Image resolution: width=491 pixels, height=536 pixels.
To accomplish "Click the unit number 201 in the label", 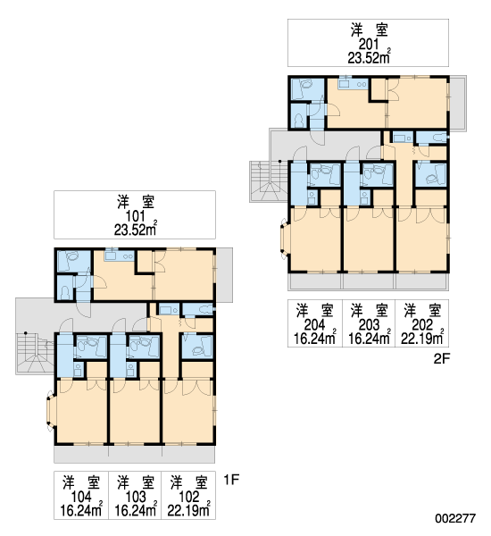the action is (x=369, y=45).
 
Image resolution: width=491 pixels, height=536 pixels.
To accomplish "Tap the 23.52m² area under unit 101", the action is (x=136, y=230).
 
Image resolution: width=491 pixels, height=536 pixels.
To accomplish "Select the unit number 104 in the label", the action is (x=81, y=497).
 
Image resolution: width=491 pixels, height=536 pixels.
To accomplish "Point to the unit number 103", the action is (x=136, y=497).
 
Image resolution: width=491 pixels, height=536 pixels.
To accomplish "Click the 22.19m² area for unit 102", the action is (x=188, y=510).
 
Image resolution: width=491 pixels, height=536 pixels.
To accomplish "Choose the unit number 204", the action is (x=315, y=325).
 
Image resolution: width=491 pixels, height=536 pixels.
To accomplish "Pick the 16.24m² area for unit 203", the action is (x=370, y=338).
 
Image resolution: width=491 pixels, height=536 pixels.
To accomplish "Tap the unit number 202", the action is (x=422, y=325).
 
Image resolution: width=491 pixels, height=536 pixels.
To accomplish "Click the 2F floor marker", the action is (x=442, y=358).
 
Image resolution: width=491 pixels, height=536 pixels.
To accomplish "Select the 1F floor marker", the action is (x=231, y=480).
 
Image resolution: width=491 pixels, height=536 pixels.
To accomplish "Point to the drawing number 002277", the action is (x=455, y=518).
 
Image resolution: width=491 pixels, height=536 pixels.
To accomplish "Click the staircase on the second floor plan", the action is (x=269, y=181).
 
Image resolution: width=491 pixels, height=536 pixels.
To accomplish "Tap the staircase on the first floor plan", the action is (x=35, y=354).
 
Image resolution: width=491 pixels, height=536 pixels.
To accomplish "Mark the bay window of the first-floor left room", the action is (x=51, y=411).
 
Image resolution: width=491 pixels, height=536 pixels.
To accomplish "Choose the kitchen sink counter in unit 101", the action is (x=120, y=255).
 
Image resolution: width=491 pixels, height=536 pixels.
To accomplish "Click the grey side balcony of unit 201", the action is (x=457, y=104).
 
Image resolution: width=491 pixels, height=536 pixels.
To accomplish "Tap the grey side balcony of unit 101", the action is (x=224, y=275).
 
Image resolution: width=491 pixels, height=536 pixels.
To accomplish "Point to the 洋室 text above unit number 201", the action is (x=369, y=30).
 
